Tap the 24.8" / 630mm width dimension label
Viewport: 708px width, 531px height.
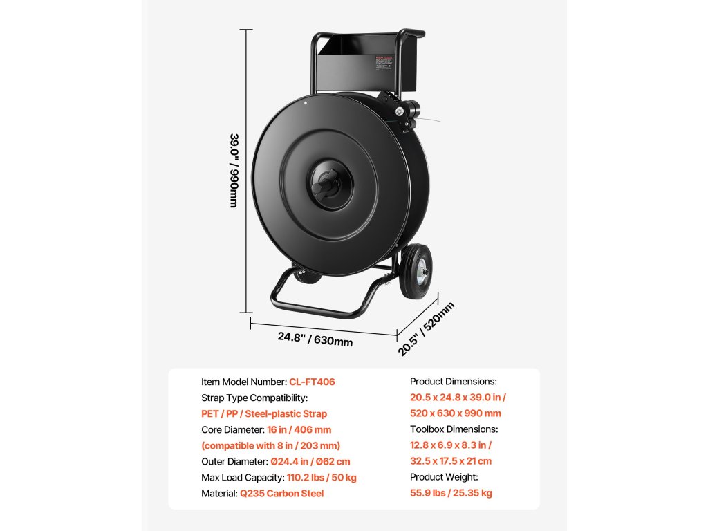point(315,339)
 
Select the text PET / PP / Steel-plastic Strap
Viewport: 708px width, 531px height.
point(264,413)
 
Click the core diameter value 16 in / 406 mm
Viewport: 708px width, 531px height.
point(290,429)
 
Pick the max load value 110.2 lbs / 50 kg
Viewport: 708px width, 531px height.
point(322,477)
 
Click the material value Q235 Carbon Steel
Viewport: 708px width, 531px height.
point(281,493)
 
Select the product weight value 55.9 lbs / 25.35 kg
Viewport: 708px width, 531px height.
point(451,493)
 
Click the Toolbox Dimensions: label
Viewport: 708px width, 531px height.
point(454,429)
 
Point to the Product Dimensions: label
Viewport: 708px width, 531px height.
point(454,382)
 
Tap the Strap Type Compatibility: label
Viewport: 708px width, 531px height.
point(254,398)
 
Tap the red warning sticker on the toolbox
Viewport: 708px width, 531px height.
point(383,63)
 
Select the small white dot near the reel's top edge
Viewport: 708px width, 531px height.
point(305,104)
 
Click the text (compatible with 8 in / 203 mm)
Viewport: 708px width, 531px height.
point(270,445)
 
